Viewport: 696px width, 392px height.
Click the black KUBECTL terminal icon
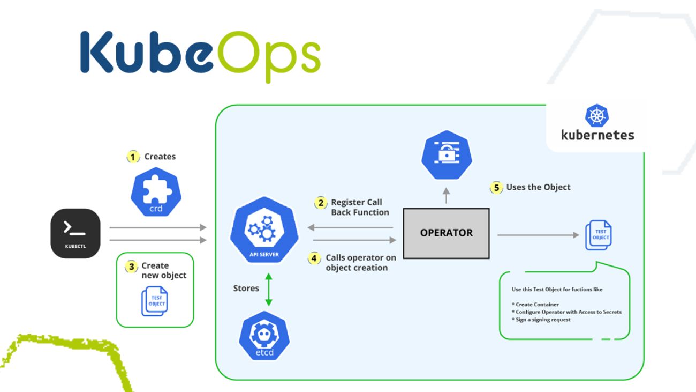(75, 233)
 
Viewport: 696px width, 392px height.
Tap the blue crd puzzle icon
(156, 192)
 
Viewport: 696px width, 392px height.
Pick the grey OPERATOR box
(446, 233)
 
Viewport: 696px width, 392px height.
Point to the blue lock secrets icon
(445, 153)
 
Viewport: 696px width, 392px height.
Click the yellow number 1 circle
(133, 157)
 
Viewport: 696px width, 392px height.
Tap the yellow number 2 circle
(321, 203)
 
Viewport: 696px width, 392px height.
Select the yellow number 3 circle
(131, 266)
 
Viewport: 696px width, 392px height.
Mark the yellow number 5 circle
(496, 188)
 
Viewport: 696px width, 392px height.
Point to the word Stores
(246, 289)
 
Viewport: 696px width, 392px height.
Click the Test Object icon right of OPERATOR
(599, 234)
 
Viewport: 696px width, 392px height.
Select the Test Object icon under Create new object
(155, 301)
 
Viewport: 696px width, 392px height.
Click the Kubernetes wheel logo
(597, 116)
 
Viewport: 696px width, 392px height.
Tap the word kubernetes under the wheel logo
(597, 135)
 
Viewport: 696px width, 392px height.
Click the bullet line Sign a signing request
(543, 320)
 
